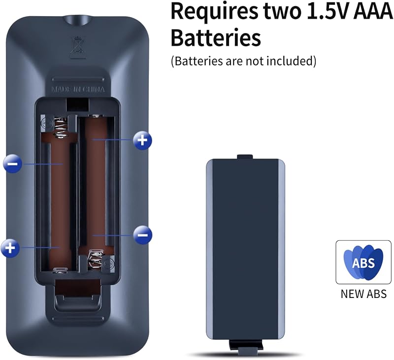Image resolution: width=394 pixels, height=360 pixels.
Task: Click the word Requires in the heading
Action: pyautogui.click(x=214, y=11)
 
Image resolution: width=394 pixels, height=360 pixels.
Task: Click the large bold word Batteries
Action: pyautogui.click(x=216, y=38)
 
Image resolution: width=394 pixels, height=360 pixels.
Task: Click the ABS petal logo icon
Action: pyautogui.click(x=363, y=262)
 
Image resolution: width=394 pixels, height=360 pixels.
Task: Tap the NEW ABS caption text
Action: pyautogui.click(x=363, y=294)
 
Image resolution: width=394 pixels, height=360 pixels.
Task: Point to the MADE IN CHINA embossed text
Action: pyautogui.click(x=78, y=90)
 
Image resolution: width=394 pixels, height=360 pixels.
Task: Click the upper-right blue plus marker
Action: pyautogui.click(x=142, y=140)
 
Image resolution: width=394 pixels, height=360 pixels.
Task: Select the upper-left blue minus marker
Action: pyautogui.click(x=13, y=164)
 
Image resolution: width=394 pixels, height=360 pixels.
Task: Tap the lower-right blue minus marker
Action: pyautogui.click(x=143, y=234)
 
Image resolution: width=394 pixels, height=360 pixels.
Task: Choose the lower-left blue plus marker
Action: pyautogui.click(x=10, y=248)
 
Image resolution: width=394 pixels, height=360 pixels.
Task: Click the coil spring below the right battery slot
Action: pyautogui.click(x=96, y=259)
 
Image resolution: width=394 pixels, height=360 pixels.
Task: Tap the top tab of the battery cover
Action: pyautogui.click(x=245, y=157)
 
